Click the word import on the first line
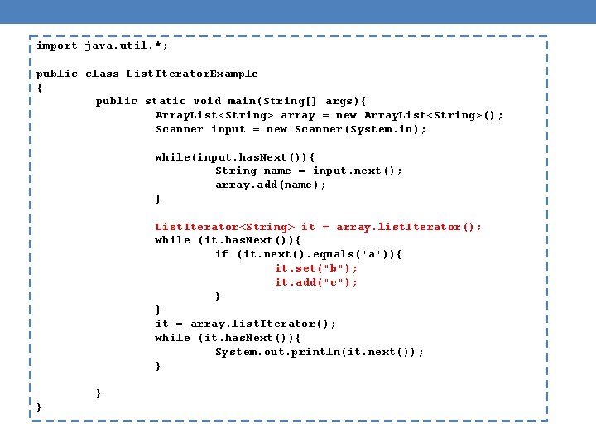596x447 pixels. (57, 46)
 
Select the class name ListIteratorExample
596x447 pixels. (192, 74)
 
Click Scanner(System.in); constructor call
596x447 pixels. (361, 129)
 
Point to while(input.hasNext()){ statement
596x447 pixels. (235, 157)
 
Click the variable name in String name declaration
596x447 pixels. (277, 171)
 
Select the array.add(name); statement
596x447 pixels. (271, 185)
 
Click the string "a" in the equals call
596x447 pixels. (375, 254)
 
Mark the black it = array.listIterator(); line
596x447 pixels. (246, 324)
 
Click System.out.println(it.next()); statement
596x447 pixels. (320, 352)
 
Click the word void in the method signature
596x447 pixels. (207, 101)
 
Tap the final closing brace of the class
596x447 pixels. (39, 406)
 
